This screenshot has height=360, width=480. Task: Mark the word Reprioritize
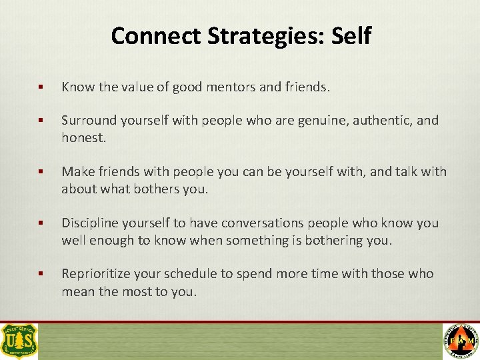tap(97, 274)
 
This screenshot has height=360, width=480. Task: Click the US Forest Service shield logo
tap(19, 341)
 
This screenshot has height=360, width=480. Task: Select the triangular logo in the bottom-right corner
tap(461, 341)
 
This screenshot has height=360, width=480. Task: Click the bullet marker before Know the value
tap(41, 87)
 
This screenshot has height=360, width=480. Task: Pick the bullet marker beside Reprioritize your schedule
tap(41, 274)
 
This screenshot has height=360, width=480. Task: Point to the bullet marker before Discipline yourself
tap(41, 223)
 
